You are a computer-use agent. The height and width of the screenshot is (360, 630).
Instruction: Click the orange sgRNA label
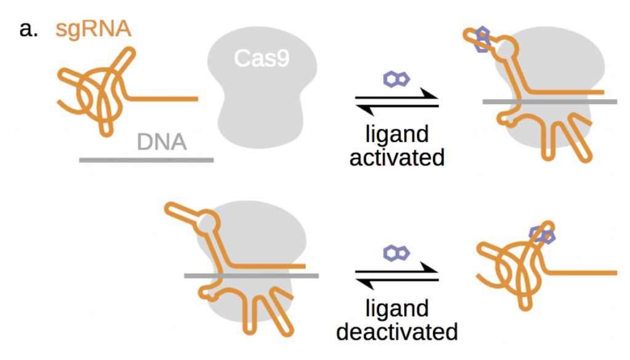94,28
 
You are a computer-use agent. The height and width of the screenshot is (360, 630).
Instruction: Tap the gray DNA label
161,143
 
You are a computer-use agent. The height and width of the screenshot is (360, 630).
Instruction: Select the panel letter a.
28,29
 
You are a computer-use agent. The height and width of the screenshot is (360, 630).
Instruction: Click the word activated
397,157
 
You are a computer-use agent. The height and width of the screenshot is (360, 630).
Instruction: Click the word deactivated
397,331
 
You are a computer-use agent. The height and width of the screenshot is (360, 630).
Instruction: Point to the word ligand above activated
397,134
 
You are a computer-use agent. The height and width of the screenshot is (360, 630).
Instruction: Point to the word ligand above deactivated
397,308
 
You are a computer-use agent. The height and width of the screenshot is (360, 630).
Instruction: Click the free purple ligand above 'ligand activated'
397,78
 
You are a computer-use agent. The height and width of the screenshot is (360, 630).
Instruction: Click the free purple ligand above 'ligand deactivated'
397,252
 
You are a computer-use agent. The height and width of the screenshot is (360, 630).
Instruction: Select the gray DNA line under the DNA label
146,160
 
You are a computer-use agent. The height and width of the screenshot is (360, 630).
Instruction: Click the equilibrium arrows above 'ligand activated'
397,101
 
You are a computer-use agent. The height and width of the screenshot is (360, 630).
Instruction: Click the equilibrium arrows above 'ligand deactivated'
397,275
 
